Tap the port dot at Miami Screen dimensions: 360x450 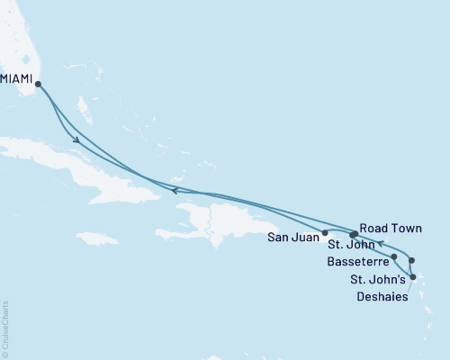pyautogui.click(x=38, y=85)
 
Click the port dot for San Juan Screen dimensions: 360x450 pyautogui.click(x=325, y=233)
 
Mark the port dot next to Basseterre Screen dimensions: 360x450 pyautogui.click(x=394, y=256)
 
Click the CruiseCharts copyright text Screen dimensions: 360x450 pyautogui.click(x=5, y=328)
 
